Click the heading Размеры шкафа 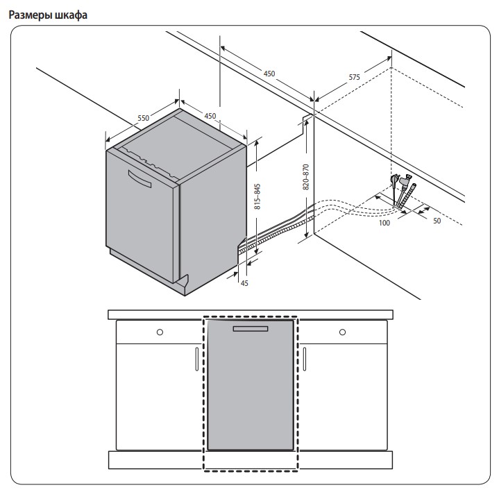pos(48,15)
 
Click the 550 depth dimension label pos(143,119)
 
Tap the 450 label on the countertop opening pos(269,74)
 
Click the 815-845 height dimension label pos(257,196)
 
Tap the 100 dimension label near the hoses pos(384,223)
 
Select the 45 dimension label pos(244,282)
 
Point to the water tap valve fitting pos(396,182)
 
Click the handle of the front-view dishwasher pos(251,328)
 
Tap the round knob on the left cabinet pos(160,332)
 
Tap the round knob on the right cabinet pos(341,332)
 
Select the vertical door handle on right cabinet pos(304,359)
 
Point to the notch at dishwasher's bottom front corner pos(183,282)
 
